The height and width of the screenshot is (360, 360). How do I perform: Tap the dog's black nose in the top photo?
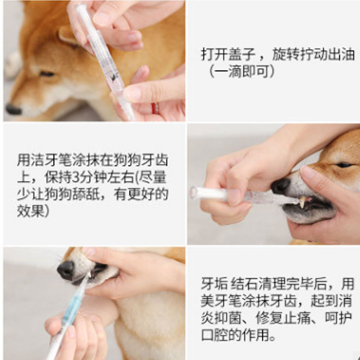pyautogui.click(x=13, y=109)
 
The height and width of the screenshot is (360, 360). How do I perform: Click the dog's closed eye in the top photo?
pyautogui.click(x=47, y=74)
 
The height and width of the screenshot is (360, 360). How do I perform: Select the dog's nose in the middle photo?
pyautogui.click(x=280, y=186)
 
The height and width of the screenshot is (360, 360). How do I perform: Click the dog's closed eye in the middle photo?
pyautogui.click(x=344, y=165)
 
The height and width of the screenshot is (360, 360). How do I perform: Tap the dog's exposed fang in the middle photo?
pyautogui.click(x=302, y=202)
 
